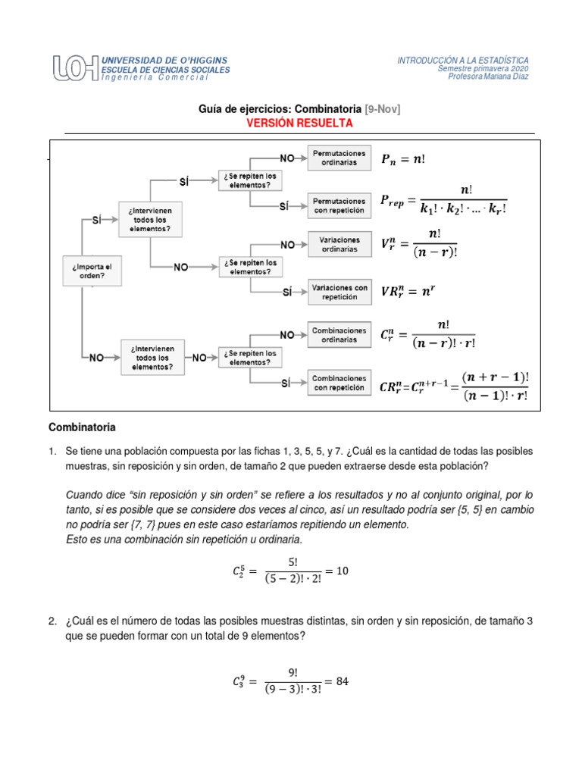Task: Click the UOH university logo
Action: click(75, 68)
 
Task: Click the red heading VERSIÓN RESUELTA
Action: click(299, 122)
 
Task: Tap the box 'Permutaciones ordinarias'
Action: click(339, 158)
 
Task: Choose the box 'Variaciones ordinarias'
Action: click(339, 244)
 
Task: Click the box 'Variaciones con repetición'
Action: click(339, 292)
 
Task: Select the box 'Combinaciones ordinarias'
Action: click(339, 334)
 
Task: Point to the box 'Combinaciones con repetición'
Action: click(339, 383)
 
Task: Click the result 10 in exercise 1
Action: click(343, 570)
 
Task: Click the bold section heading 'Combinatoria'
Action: click(83, 427)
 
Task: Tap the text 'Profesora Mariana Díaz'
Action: click(488, 76)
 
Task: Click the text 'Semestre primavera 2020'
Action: click(483, 68)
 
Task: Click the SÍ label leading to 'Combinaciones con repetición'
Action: click(286, 383)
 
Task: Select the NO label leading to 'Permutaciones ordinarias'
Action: click(287, 158)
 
